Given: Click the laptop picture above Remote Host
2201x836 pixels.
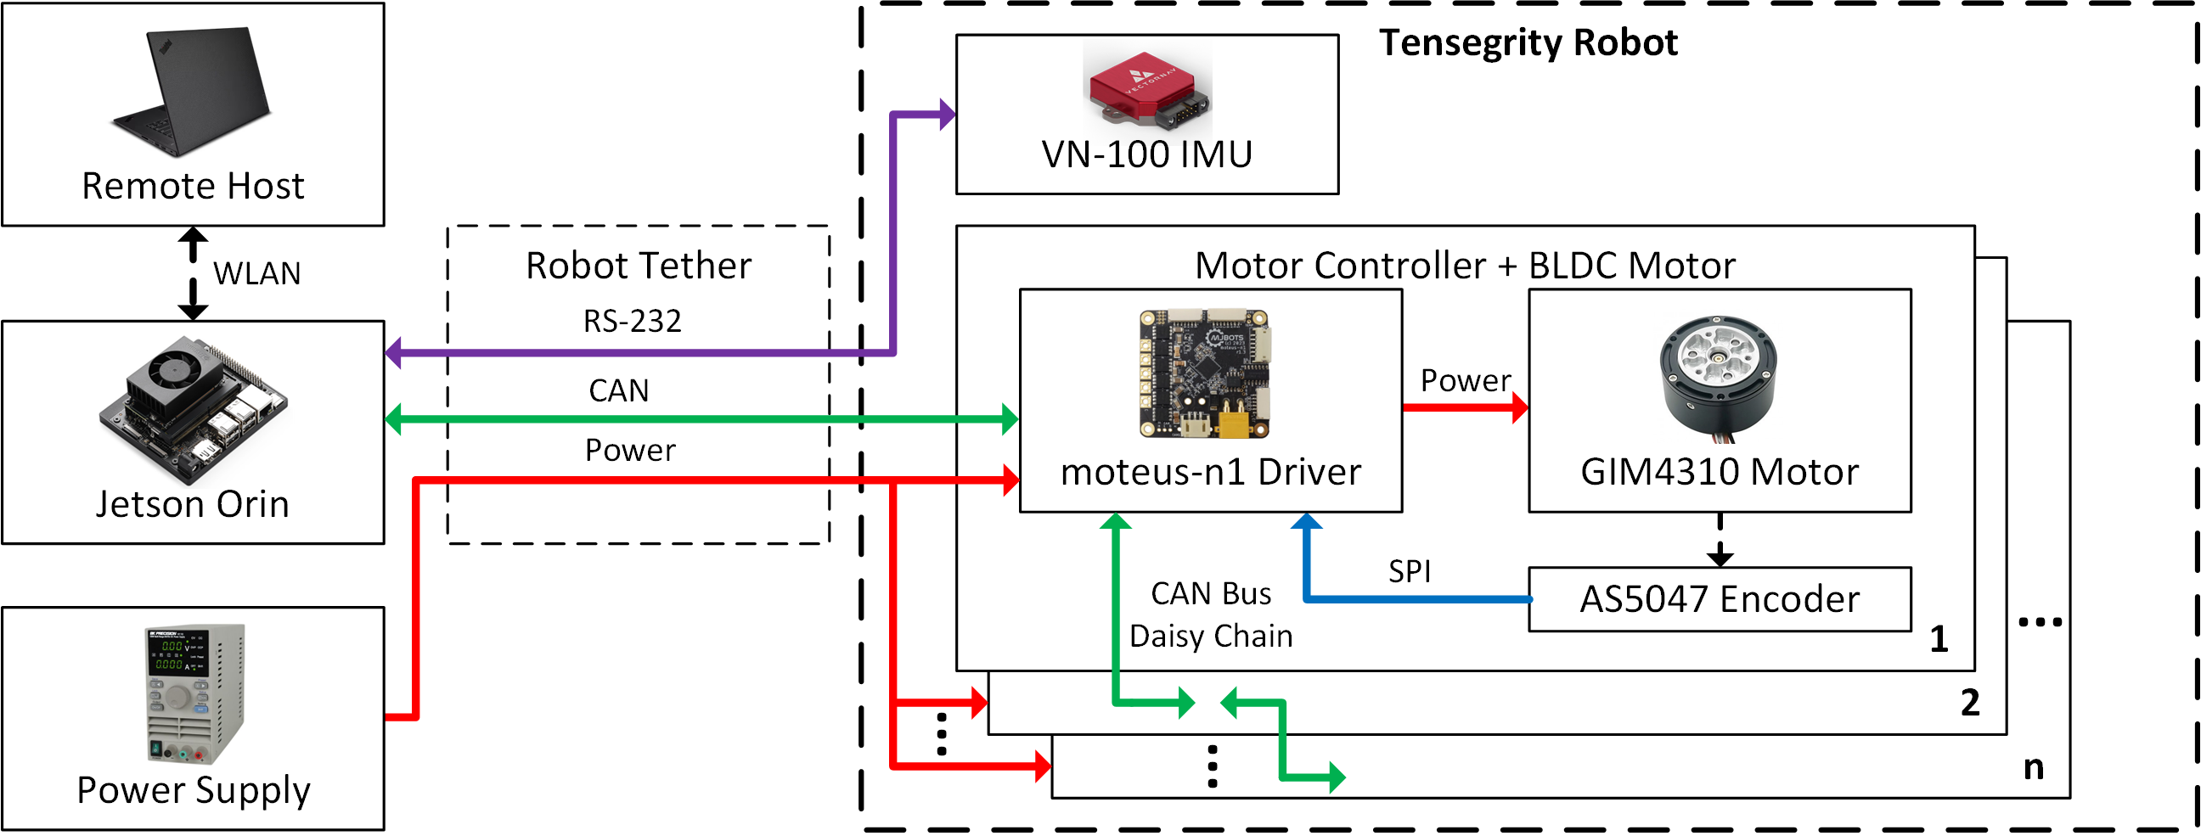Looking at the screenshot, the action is point(190,93).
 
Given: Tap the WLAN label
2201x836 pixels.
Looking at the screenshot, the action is point(257,274).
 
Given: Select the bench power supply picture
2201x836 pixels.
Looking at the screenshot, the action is point(195,695).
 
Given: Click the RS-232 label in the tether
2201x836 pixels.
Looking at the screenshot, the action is point(633,322).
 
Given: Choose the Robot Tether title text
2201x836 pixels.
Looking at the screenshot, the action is point(639,266).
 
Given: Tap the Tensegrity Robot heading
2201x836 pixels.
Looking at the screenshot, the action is point(1528,42).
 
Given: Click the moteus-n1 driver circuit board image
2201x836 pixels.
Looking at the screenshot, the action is point(1205,374).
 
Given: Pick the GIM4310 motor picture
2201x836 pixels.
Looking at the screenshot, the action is point(1718,379).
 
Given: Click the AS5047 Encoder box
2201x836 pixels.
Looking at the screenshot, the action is point(1719,600).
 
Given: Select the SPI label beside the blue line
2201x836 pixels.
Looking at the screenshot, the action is point(1409,572).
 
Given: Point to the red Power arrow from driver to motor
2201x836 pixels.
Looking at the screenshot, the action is point(1466,408).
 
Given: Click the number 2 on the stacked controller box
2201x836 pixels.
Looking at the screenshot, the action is point(1969,704).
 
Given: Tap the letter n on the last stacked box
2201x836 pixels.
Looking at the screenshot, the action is point(2034,769).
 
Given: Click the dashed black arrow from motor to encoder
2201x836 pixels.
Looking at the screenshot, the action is point(1720,541).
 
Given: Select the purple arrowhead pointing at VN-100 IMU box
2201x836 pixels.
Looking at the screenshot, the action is point(948,114).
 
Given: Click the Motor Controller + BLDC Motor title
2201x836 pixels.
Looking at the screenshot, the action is point(1465,266).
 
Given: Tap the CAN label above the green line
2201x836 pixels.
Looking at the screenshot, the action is point(618,391).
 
